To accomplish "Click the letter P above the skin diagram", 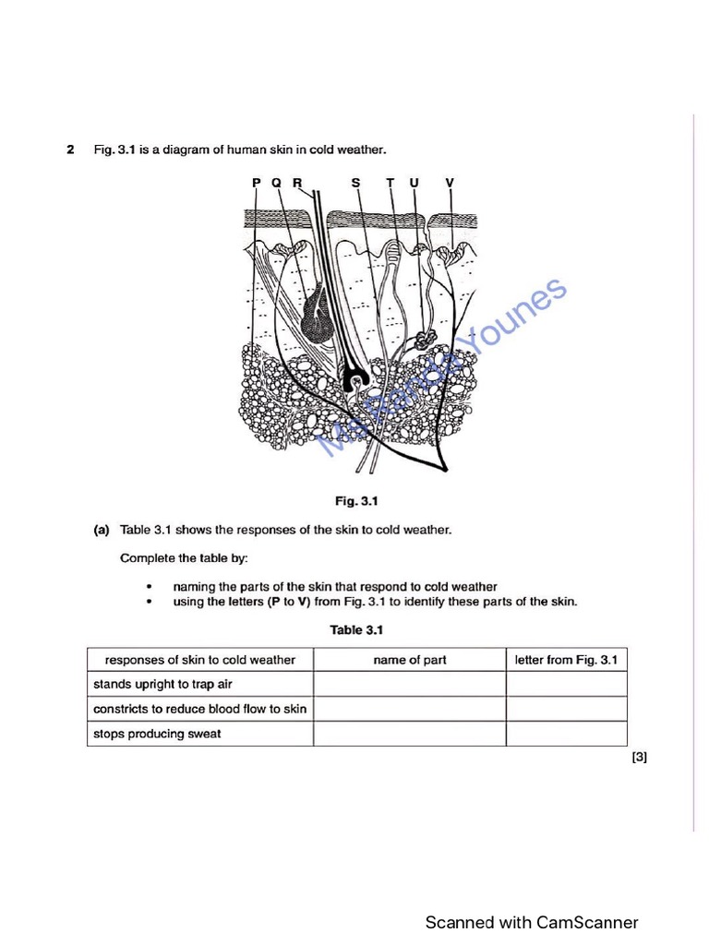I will click(257, 183).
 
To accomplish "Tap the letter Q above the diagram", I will click(276, 183).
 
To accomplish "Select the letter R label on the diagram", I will click(297, 183).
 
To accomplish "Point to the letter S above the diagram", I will click(356, 183).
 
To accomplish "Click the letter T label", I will click(391, 183).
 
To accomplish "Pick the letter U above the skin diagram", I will click(414, 183).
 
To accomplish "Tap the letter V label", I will click(450, 183).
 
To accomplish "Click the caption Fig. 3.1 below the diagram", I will click(356, 501).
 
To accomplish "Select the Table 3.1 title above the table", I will click(356, 630).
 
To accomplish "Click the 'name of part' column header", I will click(409, 660).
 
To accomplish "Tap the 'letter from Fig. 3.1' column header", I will click(566, 660).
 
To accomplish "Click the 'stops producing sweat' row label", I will click(157, 734).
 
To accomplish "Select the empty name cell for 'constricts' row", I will click(409, 709).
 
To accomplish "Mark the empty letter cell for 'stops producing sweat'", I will click(566, 734).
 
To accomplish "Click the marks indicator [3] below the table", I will click(639, 758).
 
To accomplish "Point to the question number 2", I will click(70, 150).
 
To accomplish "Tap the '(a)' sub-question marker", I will click(102, 530).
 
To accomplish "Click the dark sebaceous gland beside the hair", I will click(320, 317).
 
